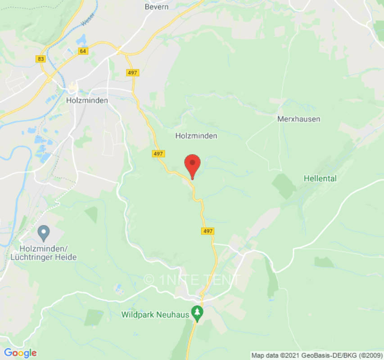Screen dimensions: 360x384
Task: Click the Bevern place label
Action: click(156, 7)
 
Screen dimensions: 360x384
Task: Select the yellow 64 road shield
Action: click(83, 51)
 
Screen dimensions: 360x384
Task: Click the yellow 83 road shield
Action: click(41, 58)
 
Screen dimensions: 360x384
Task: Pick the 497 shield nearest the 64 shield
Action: click(133, 72)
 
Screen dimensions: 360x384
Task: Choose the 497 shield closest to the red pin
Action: click(158, 153)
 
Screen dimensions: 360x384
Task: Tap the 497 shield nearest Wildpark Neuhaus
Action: click(208, 231)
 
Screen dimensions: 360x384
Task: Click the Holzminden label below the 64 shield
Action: click(87, 100)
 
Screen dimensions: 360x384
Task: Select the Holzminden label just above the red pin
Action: click(196, 135)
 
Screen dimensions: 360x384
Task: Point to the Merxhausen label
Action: click(298, 119)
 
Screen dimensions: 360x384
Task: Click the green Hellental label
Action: click(320, 179)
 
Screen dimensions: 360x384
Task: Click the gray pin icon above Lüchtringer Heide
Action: click(44, 234)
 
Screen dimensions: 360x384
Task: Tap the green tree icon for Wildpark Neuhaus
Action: click(197, 311)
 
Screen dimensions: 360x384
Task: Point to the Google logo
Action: click(20, 353)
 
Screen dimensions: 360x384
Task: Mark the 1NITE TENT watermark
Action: click(193, 279)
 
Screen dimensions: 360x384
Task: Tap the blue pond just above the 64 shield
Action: click(82, 39)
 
